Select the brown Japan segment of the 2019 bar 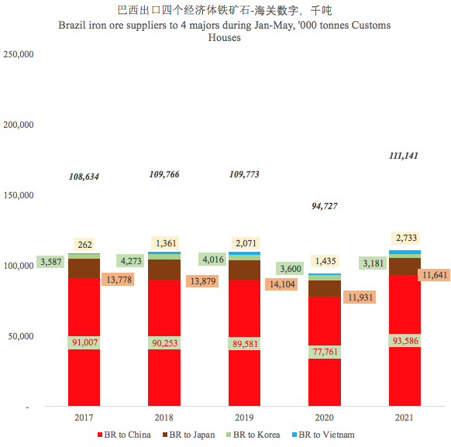coord(244,270)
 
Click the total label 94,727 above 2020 coord(325,206)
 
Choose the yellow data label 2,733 coord(404,238)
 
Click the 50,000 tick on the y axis coord(19,336)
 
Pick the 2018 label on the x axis coord(164,418)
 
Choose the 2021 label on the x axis coord(404,418)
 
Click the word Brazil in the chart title coord(73,26)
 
